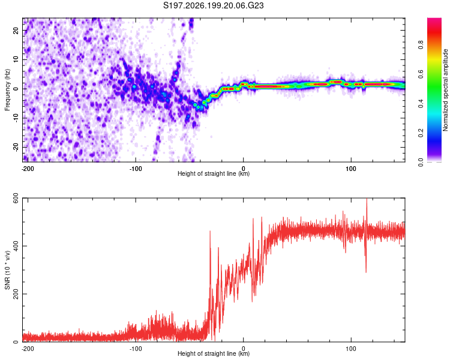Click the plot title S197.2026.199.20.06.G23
[x=213, y=5]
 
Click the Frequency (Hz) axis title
[x=7, y=90]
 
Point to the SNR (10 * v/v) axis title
[x=7, y=270]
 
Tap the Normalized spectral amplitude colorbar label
[x=445, y=90]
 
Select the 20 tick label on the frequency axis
[x=16, y=31]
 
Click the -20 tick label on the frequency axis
[x=16, y=147]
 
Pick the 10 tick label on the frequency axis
[x=16, y=59]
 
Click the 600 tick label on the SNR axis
[x=16, y=198]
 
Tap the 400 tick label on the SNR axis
[x=16, y=246]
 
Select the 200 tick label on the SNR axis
[x=16, y=294]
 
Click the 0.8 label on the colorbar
[x=421, y=45]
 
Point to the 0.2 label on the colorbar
[x=421, y=133]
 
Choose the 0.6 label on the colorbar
[x=421, y=74]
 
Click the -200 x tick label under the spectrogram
[x=28, y=169]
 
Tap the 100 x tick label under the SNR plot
[x=351, y=349]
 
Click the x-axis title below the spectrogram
[x=214, y=173]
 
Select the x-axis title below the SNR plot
[x=214, y=353]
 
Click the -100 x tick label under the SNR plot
[x=136, y=349]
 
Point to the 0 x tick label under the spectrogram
[x=244, y=169]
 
